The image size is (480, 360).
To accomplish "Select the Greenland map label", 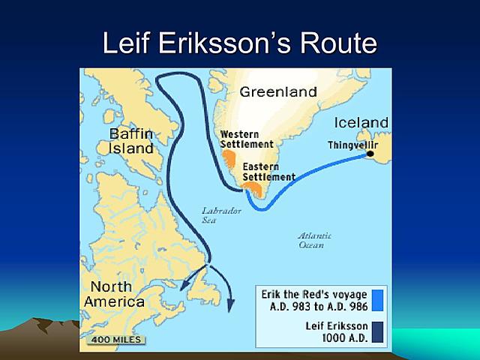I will [x=278, y=92].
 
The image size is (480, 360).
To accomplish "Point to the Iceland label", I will [x=361, y=122].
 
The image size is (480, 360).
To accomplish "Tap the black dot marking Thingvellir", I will [x=370, y=154].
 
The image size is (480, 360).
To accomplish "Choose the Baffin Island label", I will [x=131, y=141].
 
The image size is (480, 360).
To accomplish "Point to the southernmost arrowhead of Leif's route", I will [x=230, y=305].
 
